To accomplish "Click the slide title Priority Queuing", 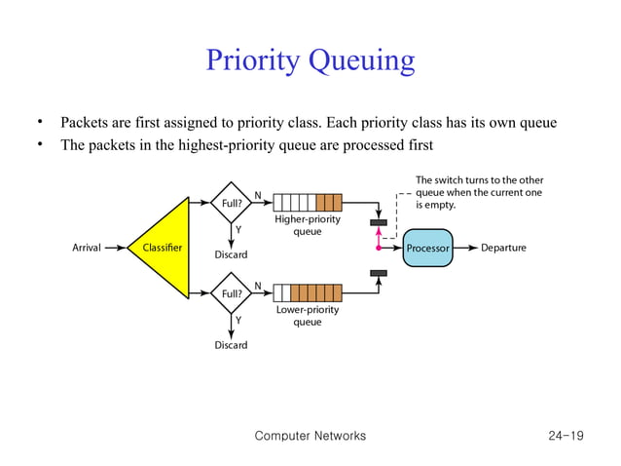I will (x=310, y=60).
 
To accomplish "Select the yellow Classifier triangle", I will (x=161, y=248).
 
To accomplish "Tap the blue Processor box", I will (x=427, y=248).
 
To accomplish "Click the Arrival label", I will (x=87, y=248).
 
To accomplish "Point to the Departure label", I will (x=503, y=248).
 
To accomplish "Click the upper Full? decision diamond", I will (x=232, y=203).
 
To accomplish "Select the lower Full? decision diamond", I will (x=232, y=292).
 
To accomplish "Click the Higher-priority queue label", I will (x=308, y=225).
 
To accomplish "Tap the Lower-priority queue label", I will (x=308, y=316).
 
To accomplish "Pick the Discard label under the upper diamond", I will (x=231, y=255).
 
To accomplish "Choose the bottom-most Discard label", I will (x=231, y=345).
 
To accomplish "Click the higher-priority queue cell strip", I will (x=308, y=203).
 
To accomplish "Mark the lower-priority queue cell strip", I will (x=308, y=292).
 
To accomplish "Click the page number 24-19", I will (x=566, y=436).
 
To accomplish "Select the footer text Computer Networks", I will (x=310, y=436).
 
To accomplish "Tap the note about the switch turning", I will (x=479, y=193).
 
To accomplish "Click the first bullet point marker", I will (x=42, y=123).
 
